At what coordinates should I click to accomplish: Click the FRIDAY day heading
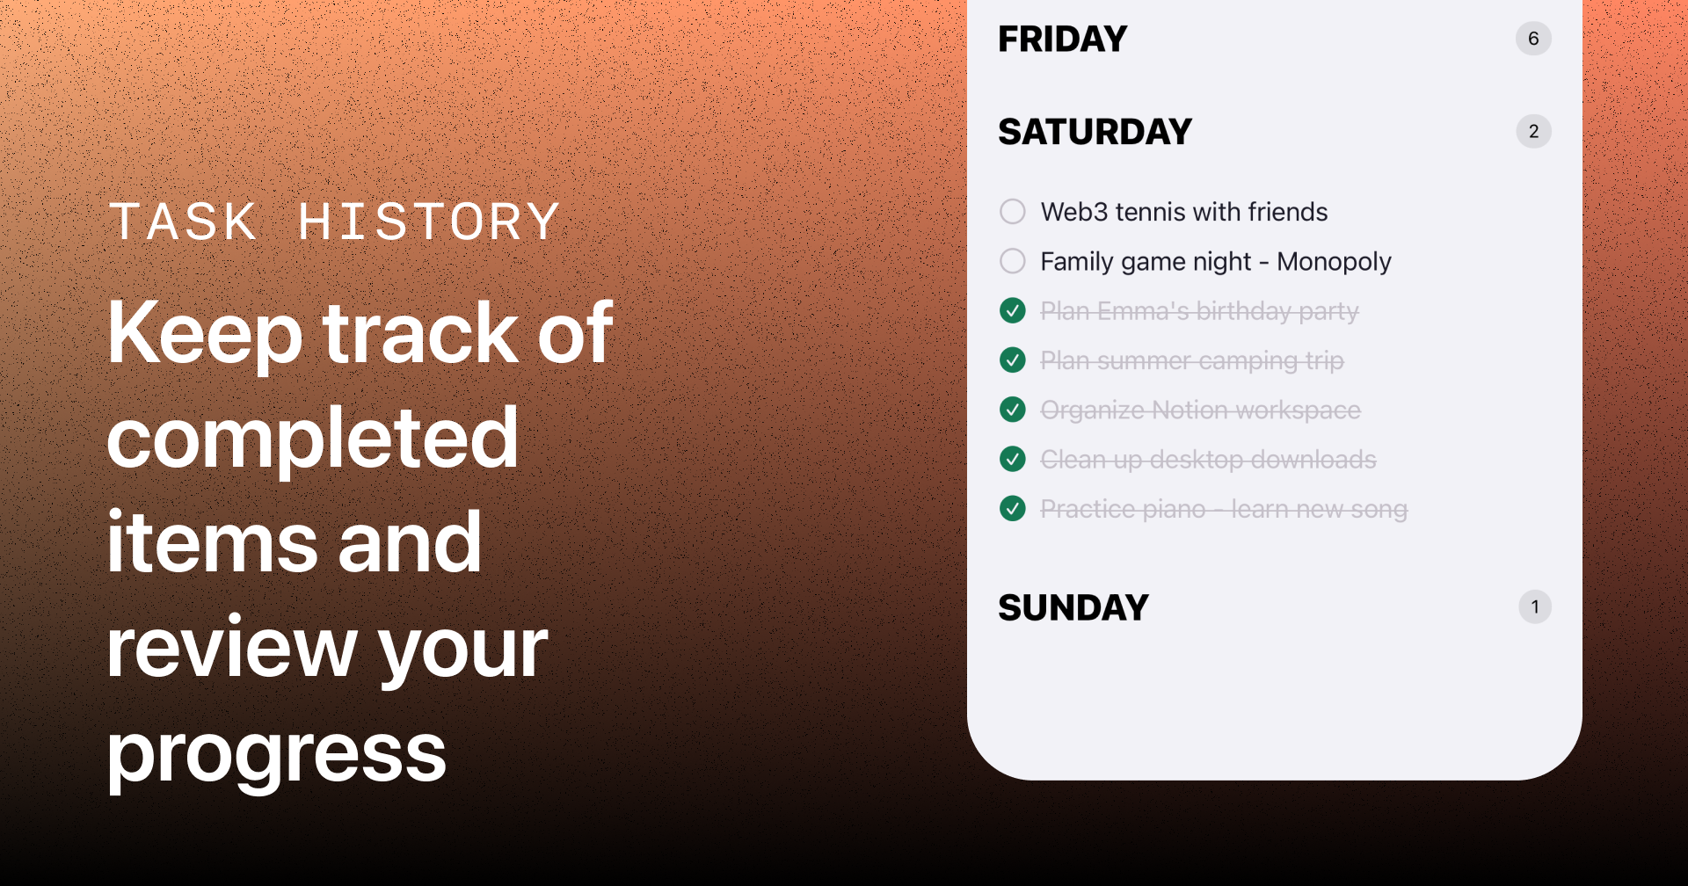(x=1062, y=39)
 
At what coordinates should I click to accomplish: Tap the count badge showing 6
(x=1533, y=39)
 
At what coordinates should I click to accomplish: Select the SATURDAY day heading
(x=1095, y=132)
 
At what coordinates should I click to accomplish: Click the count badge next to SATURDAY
(x=1533, y=132)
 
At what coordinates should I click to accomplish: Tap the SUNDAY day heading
(x=1073, y=607)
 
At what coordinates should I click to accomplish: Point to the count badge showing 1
(x=1535, y=606)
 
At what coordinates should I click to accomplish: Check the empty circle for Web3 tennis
(x=1013, y=212)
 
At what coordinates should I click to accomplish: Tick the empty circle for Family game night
(x=1013, y=261)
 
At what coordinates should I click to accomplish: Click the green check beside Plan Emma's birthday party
(x=1013, y=310)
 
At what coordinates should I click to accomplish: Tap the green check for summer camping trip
(x=1013, y=359)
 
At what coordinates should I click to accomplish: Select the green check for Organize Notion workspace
(x=1013, y=410)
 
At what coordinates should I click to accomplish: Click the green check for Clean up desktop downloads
(x=1013, y=459)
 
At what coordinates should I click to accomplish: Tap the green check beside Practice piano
(x=1013, y=508)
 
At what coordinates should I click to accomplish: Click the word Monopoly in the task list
(x=1334, y=262)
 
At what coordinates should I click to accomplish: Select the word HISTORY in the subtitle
(x=429, y=221)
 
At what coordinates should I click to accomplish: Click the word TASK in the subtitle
(x=183, y=221)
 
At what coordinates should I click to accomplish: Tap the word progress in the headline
(x=277, y=754)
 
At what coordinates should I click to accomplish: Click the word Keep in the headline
(x=205, y=334)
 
